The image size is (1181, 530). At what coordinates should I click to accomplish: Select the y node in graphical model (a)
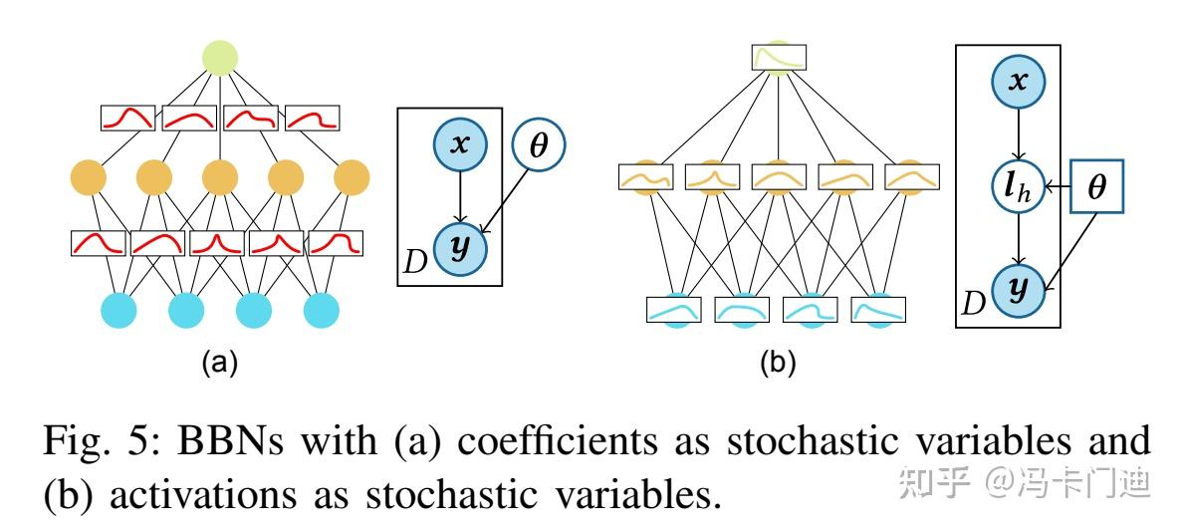click(x=459, y=247)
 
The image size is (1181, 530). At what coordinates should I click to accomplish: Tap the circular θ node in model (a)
click(x=538, y=146)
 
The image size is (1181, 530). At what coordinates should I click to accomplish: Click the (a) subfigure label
click(x=220, y=364)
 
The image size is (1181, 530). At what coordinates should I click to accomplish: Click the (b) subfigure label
click(x=778, y=364)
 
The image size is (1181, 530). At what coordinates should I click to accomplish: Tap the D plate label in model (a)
click(x=416, y=263)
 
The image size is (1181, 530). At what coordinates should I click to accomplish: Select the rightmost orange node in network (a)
click(x=352, y=179)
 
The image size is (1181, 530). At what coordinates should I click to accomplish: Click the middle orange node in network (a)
click(x=220, y=179)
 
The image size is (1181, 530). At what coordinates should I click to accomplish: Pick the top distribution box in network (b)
click(x=780, y=58)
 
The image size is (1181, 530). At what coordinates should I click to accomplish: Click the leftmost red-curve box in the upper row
click(x=128, y=119)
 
